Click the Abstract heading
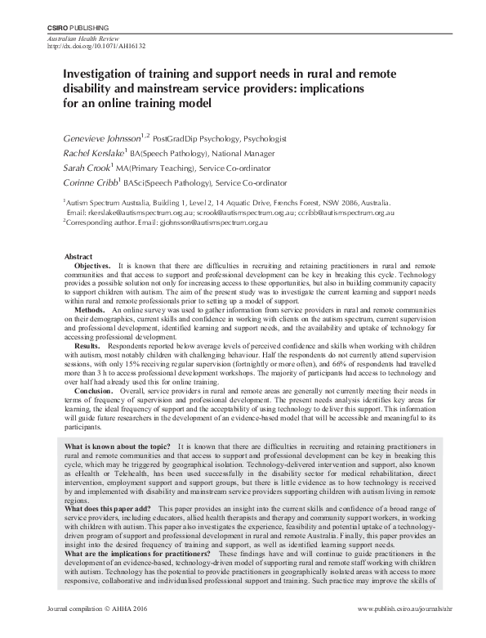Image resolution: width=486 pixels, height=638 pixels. [78, 256]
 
